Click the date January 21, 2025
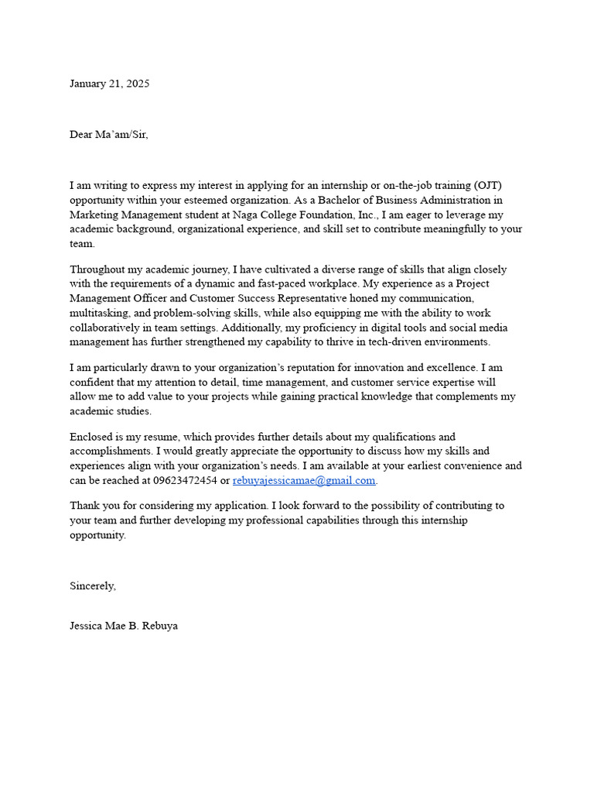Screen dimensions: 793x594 [109, 84]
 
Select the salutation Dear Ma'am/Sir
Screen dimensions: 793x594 [108, 135]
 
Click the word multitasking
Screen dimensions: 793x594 [99, 312]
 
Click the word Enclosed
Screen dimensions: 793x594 [92, 438]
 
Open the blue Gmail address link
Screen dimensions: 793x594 [303, 481]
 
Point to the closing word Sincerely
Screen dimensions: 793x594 [93, 586]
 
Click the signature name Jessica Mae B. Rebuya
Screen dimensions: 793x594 [124, 626]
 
